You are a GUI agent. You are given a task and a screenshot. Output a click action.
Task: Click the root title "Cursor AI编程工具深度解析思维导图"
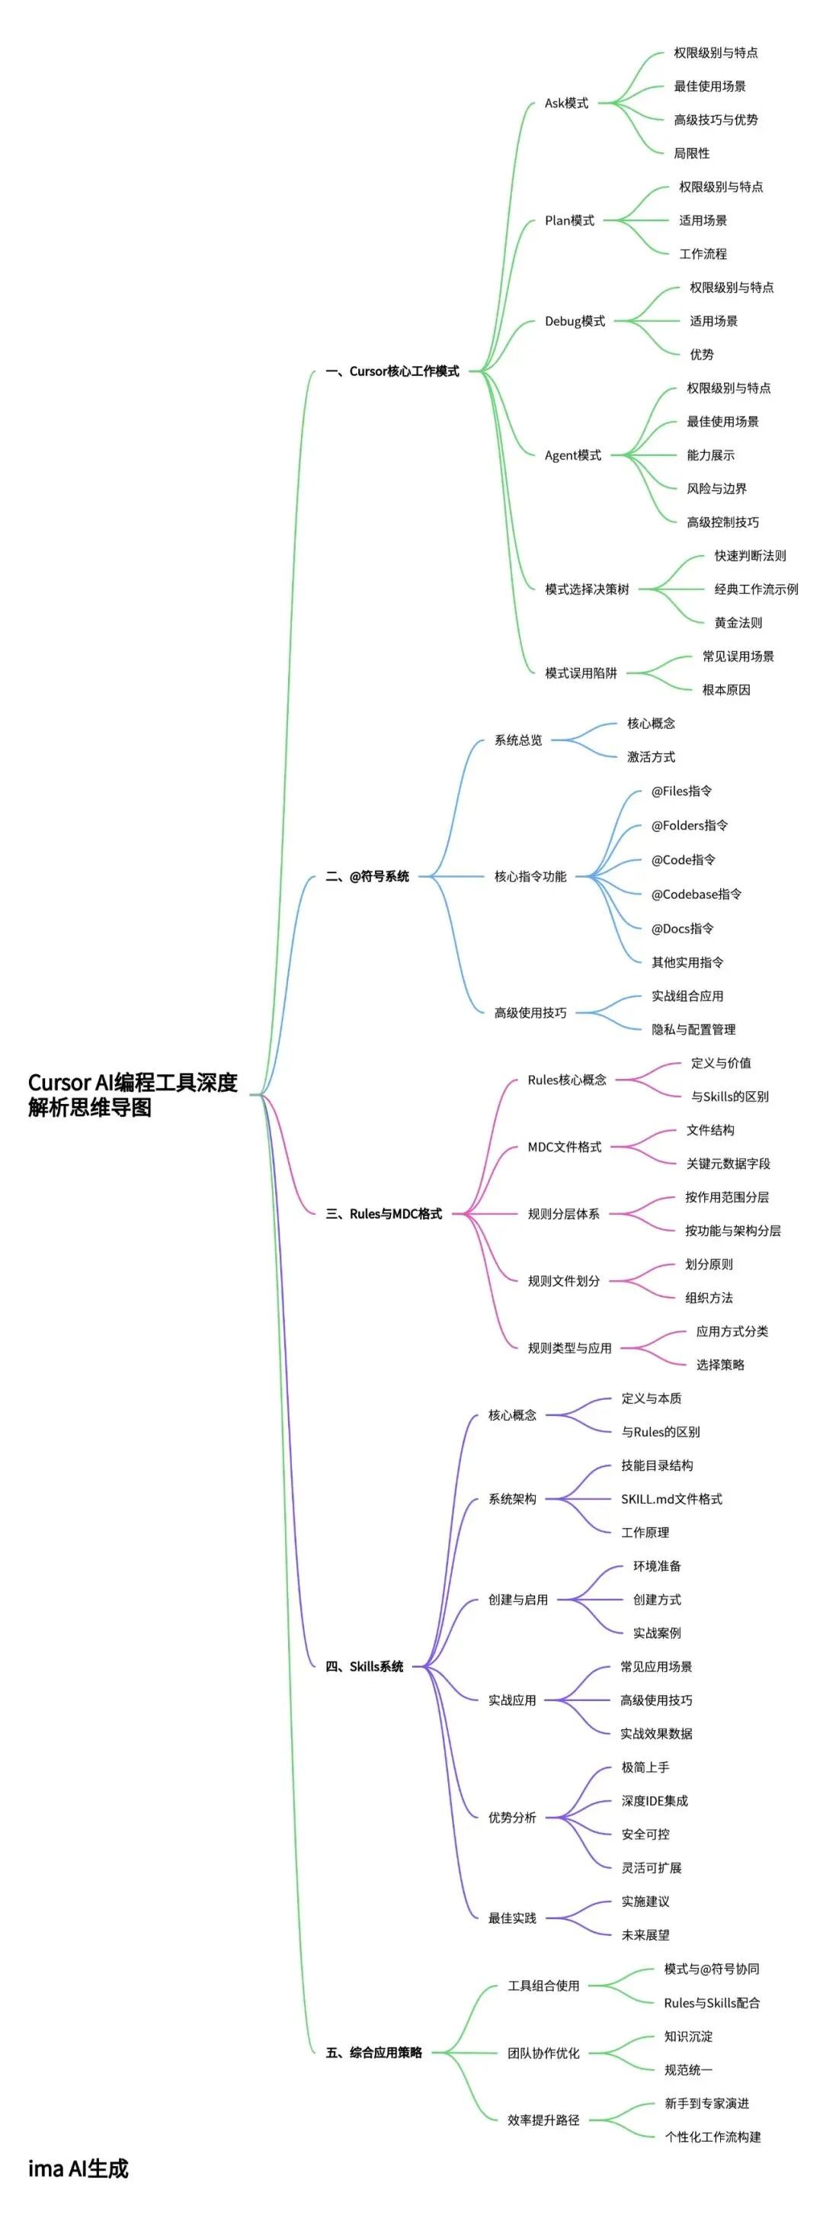click(133, 1094)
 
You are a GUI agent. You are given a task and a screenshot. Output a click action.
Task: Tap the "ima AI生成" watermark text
click(78, 2169)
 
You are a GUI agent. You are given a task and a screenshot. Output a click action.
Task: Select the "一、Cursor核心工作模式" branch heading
click(392, 371)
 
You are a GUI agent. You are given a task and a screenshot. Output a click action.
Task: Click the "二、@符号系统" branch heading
click(367, 876)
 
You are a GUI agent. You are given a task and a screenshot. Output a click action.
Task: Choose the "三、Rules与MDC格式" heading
click(384, 1213)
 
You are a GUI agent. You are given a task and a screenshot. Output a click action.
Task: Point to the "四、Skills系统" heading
click(364, 1667)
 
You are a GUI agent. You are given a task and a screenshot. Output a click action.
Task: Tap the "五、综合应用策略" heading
click(373, 2053)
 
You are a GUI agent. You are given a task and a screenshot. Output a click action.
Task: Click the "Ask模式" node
click(566, 103)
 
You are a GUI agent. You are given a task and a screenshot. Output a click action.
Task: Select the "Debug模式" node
click(575, 321)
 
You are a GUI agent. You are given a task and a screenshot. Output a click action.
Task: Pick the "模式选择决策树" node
click(587, 589)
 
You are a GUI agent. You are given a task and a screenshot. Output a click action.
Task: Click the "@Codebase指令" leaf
click(696, 894)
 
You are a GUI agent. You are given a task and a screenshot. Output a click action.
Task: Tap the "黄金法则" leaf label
click(738, 623)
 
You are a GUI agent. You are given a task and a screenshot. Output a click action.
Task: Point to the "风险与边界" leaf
click(716, 489)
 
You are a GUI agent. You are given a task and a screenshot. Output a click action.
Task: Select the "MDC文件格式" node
click(565, 1147)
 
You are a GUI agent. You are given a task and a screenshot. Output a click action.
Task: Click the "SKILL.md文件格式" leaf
click(671, 1499)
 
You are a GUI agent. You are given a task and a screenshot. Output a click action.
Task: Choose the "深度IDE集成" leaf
click(655, 1801)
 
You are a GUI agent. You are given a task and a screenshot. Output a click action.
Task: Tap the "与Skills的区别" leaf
click(729, 1096)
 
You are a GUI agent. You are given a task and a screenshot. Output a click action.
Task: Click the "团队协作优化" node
click(543, 2053)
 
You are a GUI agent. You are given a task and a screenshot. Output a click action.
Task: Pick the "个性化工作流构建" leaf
click(713, 2137)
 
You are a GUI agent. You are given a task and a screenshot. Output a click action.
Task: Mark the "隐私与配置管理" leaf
click(693, 1029)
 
